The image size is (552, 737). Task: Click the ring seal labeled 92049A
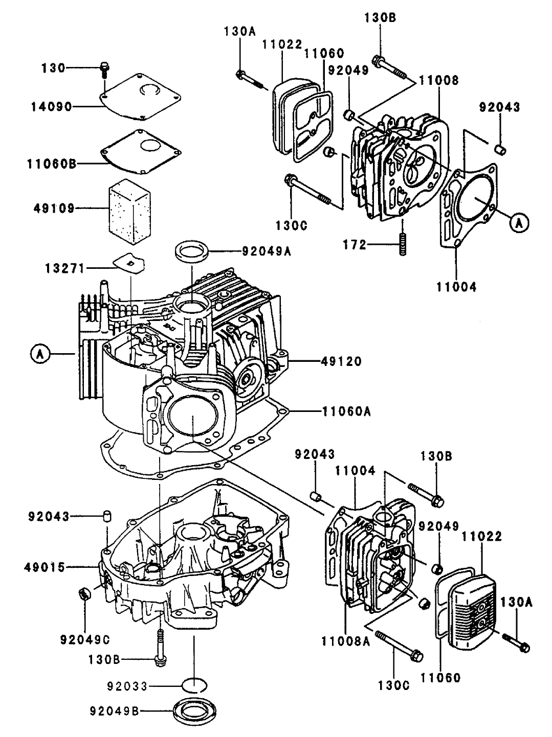(192, 251)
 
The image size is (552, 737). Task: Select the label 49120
(342, 362)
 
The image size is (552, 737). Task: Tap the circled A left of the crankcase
(40, 353)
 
